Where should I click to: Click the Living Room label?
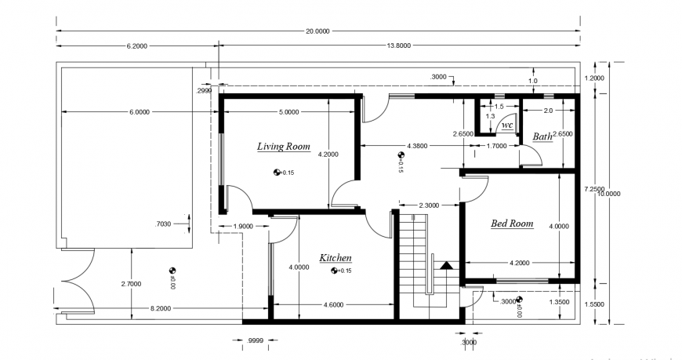click(284, 147)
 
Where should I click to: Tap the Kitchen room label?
click(335, 258)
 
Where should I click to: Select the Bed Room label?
click(511, 224)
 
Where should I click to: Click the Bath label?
click(542, 136)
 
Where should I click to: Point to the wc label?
click(507, 125)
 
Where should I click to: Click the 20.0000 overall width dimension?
click(317, 31)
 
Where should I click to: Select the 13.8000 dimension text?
click(398, 46)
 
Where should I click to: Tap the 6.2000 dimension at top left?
click(136, 46)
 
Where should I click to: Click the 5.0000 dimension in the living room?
click(288, 112)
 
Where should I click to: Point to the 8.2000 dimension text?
click(161, 309)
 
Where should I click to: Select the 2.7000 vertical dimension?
click(131, 282)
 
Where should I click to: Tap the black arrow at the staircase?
click(447, 265)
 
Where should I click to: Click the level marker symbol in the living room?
click(277, 172)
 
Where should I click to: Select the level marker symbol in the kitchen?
click(335, 271)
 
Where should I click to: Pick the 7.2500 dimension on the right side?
click(593, 189)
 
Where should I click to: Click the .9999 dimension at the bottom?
click(253, 341)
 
